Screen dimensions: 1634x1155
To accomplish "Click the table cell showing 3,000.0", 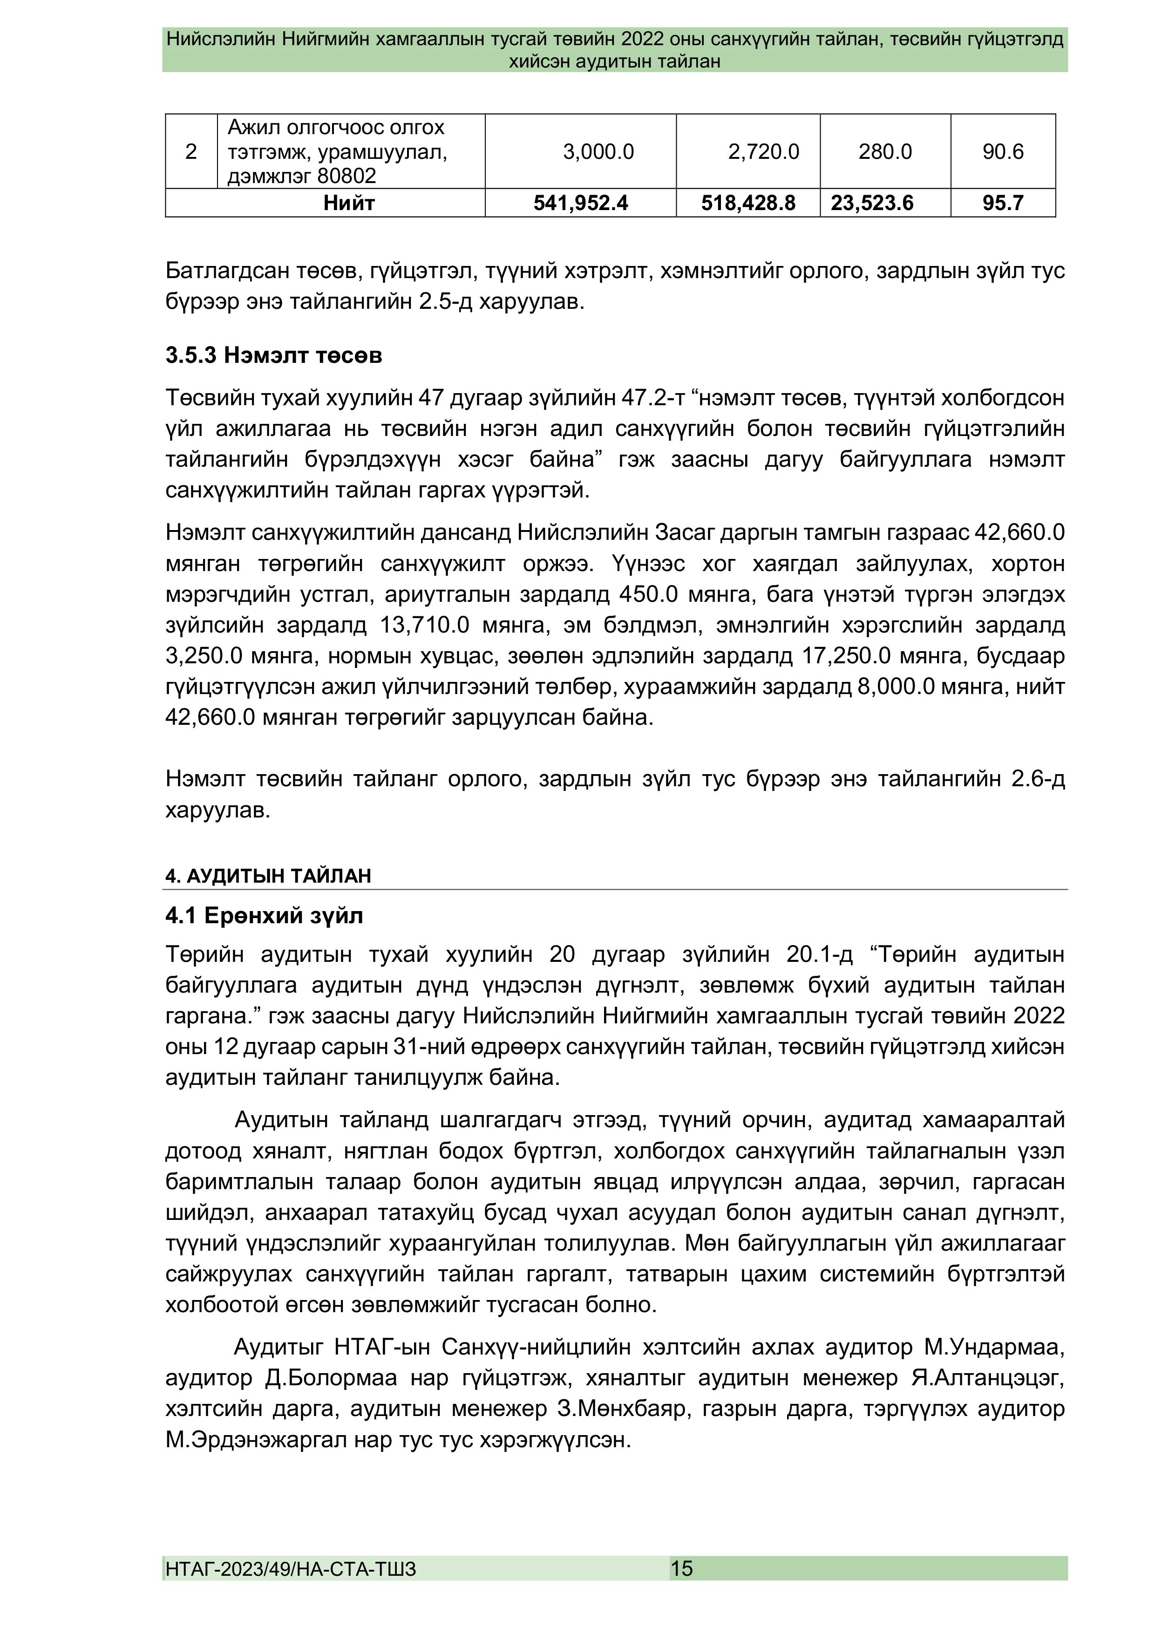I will [x=598, y=151].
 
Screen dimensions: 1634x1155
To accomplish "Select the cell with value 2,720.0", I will [x=763, y=151].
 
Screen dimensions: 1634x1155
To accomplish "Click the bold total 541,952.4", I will [x=581, y=204].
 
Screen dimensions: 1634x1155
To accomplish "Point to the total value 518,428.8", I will [x=748, y=204].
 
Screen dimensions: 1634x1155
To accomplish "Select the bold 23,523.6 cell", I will [x=872, y=204].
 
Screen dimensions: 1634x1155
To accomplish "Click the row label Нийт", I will [x=349, y=204].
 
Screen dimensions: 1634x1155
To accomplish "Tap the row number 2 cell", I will [x=191, y=151].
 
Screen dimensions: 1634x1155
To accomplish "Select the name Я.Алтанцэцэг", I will [x=987, y=1378].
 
